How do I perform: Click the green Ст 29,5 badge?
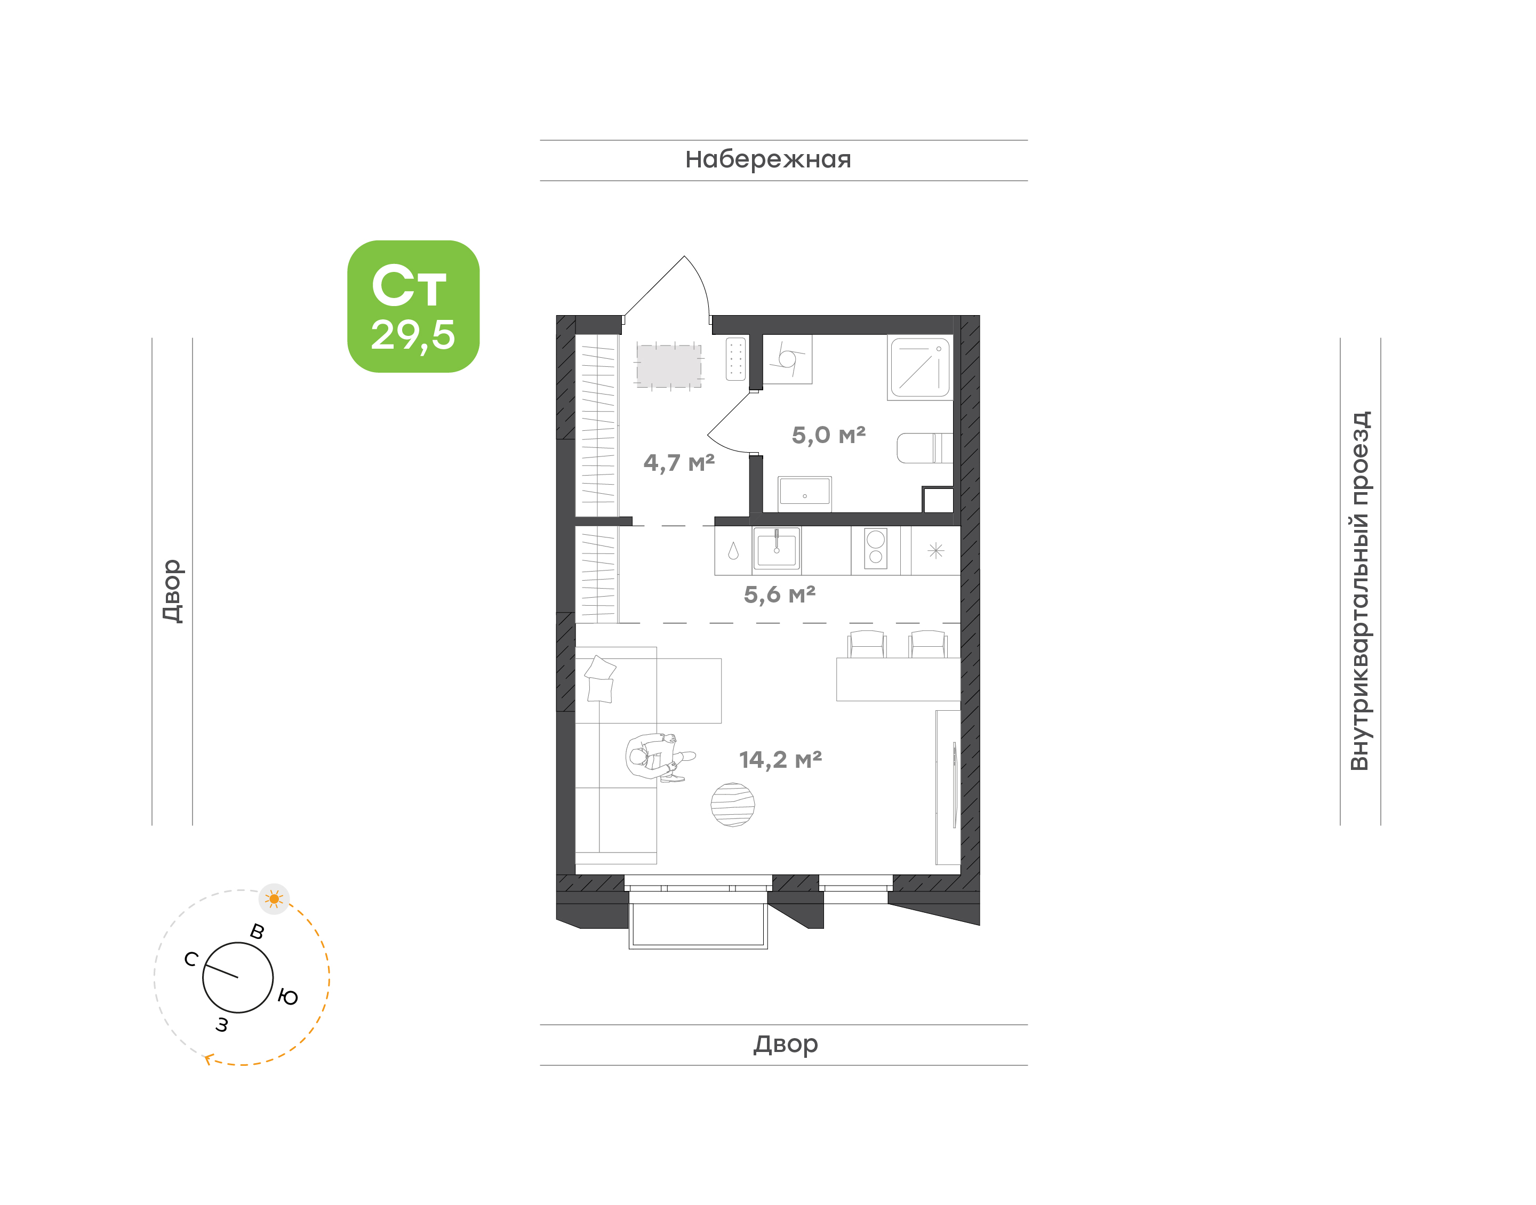point(413,306)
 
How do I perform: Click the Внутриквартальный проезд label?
point(1359,591)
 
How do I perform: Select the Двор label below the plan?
point(785,1044)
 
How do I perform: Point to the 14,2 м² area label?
point(780,760)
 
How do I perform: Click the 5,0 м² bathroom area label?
point(828,435)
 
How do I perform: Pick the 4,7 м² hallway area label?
point(679,463)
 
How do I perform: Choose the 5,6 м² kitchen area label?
point(780,595)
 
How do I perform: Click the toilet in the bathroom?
point(924,448)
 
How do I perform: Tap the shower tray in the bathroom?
point(920,367)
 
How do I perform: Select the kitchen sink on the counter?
point(776,548)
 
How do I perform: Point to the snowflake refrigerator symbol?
point(935,551)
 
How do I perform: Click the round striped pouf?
point(732,805)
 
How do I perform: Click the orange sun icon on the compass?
point(275,899)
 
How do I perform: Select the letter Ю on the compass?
point(288,998)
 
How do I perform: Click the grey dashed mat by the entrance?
point(669,365)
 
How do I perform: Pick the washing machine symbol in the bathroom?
point(787,360)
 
